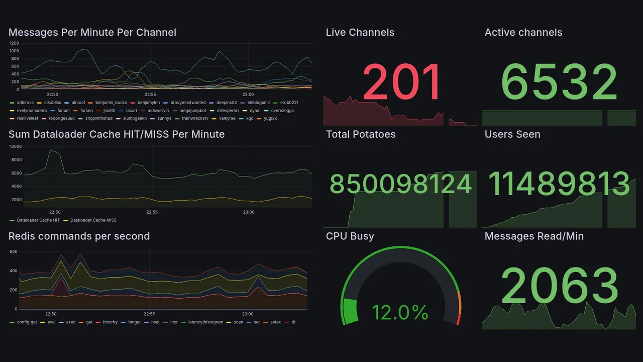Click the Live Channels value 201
tap(401, 82)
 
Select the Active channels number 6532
tap(559, 82)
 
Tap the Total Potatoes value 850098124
tap(400, 184)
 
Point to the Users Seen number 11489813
tap(559, 184)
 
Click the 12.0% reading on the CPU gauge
tap(400, 312)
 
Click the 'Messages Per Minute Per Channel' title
tap(92, 33)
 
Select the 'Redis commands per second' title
tap(79, 236)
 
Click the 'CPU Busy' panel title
tap(350, 236)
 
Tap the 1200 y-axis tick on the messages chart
tap(14, 43)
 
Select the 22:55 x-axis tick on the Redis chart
tap(149, 314)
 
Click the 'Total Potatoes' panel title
tap(361, 134)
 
